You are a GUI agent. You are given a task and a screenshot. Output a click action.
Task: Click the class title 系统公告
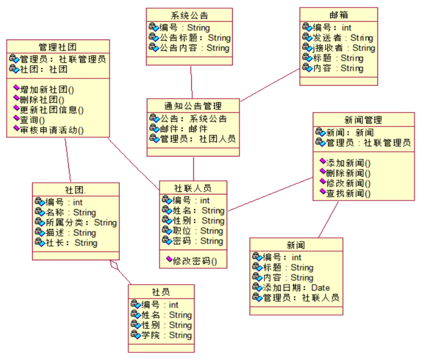[x=189, y=15]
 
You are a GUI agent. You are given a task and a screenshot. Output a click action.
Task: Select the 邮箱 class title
[x=339, y=15]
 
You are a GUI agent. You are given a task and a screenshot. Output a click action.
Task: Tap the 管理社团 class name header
[x=58, y=47]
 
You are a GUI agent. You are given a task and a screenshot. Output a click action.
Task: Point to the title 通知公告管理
[x=193, y=106]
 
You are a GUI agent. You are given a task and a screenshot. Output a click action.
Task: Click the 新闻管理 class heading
[x=363, y=120]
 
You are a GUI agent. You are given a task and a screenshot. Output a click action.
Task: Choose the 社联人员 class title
[x=193, y=188]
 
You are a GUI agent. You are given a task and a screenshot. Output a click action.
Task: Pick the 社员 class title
[x=161, y=292]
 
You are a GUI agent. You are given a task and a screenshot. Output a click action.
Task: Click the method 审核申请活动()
[x=52, y=130]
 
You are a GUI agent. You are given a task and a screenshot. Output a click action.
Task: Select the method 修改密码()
[x=195, y=261]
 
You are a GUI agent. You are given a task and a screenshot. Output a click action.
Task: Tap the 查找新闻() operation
[x=349, y=193]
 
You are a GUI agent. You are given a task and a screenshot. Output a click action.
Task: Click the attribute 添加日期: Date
[x=296, y=287]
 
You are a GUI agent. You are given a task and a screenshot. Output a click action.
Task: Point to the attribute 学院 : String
[x=167, y=335]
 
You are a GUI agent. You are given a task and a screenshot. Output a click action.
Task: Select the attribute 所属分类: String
[x=81, y=223]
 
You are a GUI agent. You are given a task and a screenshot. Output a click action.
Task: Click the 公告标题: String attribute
[x=195, y=38]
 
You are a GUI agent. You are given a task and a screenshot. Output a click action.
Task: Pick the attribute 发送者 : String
[x=343, y=38]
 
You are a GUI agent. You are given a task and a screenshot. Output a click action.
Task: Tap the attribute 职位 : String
[x=198, y=231]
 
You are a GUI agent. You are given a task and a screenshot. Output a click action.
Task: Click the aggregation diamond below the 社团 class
[x=114, y=265]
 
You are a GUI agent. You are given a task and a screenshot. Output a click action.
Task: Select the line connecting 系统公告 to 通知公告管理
[x=192, y=82]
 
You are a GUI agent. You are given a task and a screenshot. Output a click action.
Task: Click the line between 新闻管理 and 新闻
[x=328, y=220]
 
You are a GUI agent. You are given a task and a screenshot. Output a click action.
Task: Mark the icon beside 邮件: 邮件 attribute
[x=154, y=129]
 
